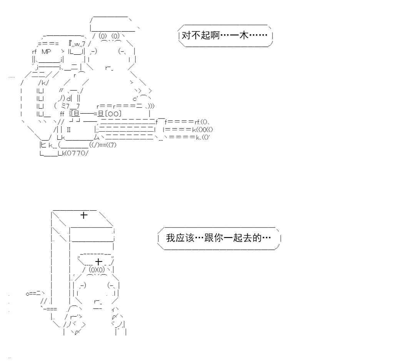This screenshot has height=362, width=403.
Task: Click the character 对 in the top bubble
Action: coord(186,35)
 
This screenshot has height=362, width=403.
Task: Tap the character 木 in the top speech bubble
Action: coord(244,35)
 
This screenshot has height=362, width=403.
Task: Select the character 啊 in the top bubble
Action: coord(215,35)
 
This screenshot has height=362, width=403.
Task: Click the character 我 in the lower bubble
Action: coord(171,238)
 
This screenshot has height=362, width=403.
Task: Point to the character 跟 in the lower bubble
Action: coord(209,238)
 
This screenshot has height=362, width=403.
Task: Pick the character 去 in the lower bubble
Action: coord(247,238)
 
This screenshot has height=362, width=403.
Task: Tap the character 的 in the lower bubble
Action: coord(257,238)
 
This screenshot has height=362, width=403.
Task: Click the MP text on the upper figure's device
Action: coord(46,52)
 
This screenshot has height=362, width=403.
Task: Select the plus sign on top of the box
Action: coord(84,215)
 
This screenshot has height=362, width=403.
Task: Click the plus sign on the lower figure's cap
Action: coord(99,262)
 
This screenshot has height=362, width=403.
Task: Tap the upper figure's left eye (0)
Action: coord(103,36)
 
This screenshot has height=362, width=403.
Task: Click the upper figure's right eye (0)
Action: coord(116,36)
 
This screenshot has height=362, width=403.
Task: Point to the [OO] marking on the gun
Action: coord(113,114)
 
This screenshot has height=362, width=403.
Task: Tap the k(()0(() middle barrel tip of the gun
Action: coord(203,129)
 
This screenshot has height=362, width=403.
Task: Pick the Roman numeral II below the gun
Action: coord(68,129)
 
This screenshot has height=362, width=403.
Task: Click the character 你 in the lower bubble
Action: coord(218,238)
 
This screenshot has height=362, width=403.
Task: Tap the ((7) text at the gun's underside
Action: coord(112,145)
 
